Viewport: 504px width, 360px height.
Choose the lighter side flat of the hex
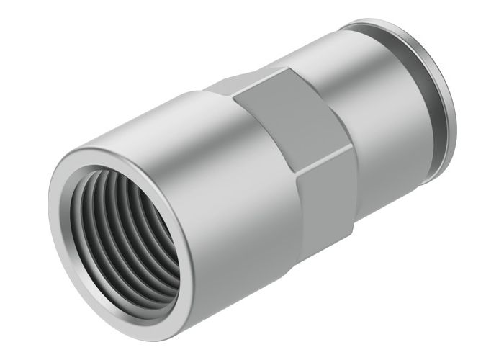click(x=328, y=194)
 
